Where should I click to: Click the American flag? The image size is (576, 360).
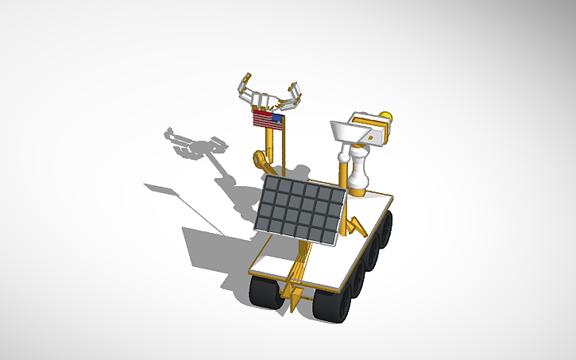click(268, 120)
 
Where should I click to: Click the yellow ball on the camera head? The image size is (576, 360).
click(388, 117)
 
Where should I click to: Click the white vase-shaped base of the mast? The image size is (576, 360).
click(358, 174)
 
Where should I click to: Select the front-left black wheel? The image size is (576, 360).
click(266, 295)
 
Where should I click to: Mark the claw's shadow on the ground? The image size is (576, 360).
click(195, 144)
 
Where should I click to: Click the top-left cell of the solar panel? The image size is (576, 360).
click(273, 184)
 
